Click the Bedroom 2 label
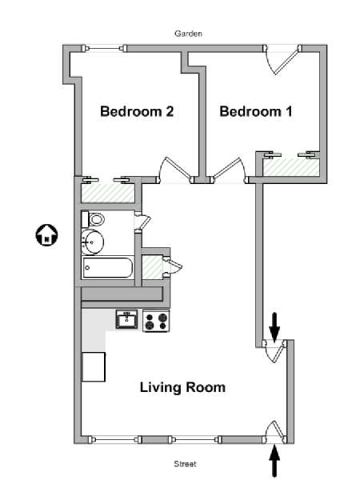pos(137,111)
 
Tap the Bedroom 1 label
pos(256,111)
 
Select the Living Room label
pos(182,387)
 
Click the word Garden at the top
pos(188,34)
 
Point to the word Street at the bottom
pos(185,464)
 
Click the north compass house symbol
pos(46,235)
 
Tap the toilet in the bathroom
pos(94,219)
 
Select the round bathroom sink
pos(93,242)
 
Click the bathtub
pos(107,267)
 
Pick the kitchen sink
pos(126,319)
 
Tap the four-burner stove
pos(156,321)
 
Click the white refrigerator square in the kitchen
pos(94,366)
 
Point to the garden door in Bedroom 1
pos(283,60)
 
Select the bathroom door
pos(142,221)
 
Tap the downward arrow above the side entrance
pos(274,327)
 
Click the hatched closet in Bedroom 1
pos(291,167)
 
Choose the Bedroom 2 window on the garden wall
pos(104,48)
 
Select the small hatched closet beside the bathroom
pos(153,267)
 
